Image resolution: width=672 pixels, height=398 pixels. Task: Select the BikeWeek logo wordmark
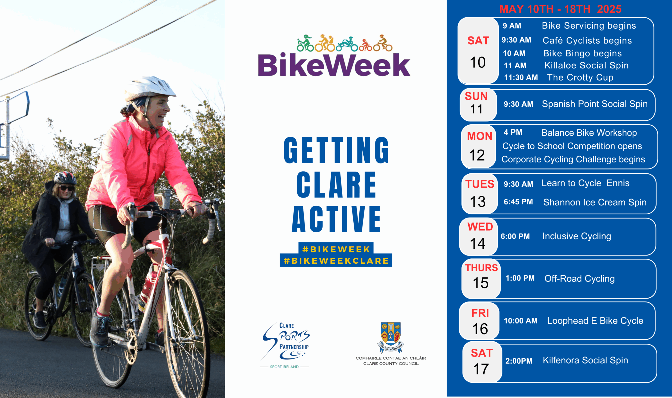point(334,65)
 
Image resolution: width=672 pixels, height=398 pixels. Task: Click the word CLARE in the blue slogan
point(337,184)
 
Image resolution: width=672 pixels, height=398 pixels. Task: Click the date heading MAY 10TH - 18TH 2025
point(560,9)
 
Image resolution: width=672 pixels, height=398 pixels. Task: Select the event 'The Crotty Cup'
point(580,77)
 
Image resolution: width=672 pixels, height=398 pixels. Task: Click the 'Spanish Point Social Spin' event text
point(595,104)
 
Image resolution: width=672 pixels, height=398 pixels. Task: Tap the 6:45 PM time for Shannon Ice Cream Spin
point(518,202)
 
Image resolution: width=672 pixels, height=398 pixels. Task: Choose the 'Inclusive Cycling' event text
point(577,236)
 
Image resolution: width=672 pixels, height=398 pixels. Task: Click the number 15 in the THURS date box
point(480,283)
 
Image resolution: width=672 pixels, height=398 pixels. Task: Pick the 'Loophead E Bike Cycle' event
point(595,321)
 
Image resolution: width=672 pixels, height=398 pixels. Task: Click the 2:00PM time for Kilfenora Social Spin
point(519,361)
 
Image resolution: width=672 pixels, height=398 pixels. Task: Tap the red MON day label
point(480,136)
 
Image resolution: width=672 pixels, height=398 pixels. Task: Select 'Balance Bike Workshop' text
point(589,133)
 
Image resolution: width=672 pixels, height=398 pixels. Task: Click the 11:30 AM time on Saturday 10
point(521,77)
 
